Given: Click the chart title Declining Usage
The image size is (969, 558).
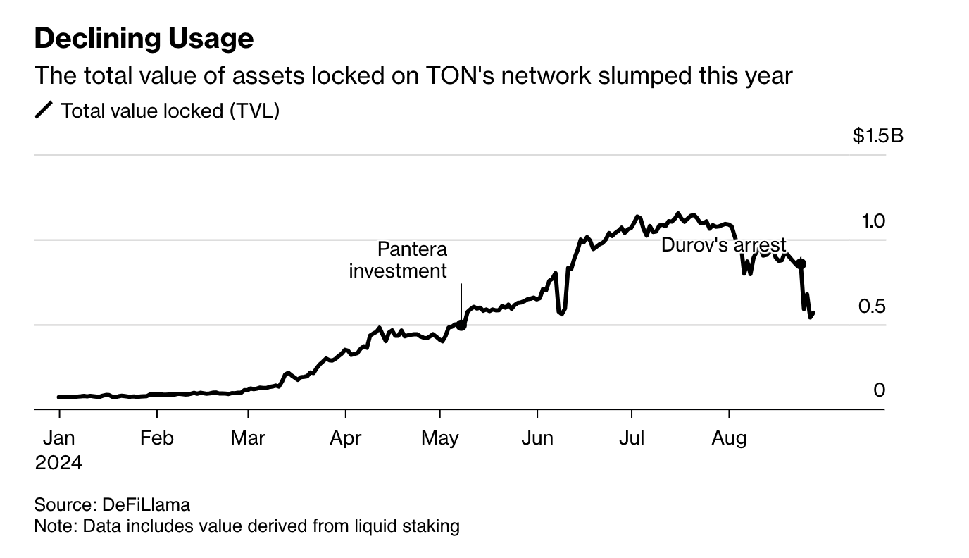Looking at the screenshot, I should point(144,39).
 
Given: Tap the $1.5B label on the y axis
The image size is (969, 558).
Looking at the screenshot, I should point(877,135).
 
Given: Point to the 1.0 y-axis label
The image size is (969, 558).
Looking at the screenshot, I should point(873,221).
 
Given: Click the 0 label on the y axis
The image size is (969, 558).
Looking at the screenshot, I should point(879,390).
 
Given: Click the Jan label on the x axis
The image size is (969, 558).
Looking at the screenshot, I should point(58,438).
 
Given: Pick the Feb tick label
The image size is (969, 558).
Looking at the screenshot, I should point(156,438).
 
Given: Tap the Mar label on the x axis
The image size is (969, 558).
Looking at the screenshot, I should point(248,438).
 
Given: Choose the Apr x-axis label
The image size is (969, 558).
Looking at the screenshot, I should point(346,438).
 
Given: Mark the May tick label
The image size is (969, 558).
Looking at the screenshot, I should point(440,438).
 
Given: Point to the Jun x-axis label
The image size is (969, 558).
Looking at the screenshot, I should point(537,438).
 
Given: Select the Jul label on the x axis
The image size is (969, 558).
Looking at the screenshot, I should point(632,438).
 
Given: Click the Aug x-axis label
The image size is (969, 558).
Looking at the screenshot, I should point(729,438).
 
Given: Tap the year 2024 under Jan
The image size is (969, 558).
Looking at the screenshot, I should point(58,463).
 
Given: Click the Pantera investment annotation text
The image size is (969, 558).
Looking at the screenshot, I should point(398,260).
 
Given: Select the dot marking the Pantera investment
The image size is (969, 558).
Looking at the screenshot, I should point(461,325).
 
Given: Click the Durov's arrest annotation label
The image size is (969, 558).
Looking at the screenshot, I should point(723,245).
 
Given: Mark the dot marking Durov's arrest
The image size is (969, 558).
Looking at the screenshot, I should point(801,263).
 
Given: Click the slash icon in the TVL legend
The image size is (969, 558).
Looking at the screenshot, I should point(44,111).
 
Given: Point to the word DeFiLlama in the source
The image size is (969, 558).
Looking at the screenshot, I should point(146,504).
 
